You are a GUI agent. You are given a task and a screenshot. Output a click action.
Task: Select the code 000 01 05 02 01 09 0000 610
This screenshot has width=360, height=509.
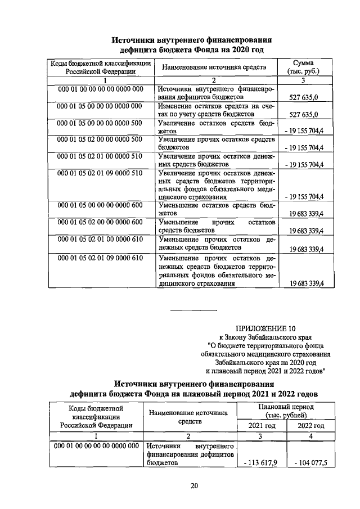point(100,258)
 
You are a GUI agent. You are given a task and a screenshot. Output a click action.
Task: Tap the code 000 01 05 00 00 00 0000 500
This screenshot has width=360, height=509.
point(100,121)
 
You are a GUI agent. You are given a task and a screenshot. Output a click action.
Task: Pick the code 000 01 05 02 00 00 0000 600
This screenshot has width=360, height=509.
point(100,223)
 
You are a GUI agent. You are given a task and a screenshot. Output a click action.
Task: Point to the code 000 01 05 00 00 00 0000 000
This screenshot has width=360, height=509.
point(100,105)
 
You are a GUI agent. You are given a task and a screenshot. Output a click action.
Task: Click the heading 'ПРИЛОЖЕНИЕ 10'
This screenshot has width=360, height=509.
point(265,328)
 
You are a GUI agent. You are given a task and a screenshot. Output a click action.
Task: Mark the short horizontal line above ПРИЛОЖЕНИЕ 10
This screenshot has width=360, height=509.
point(193,310)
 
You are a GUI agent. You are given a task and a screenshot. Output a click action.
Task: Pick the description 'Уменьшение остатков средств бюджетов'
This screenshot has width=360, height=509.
point(216,210)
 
